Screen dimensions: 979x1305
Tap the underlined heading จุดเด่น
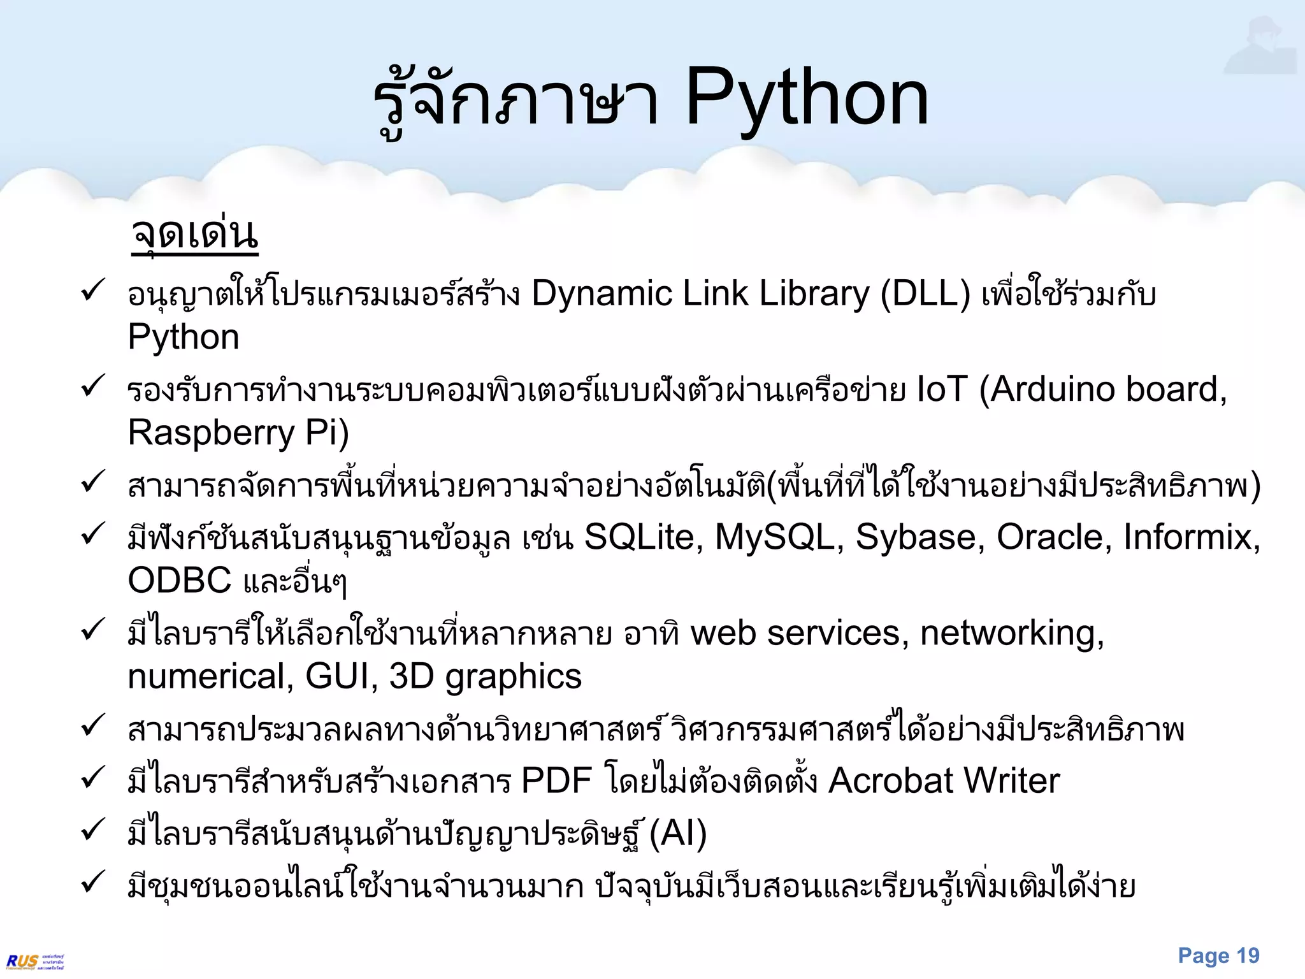(x=194, y=234)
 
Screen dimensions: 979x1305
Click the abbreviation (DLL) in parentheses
(x=925, y=294)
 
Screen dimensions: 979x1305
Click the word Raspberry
(x=211, y=433)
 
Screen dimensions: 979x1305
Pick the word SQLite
(x=644, y=537)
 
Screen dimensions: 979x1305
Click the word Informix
(x=1191, y=537)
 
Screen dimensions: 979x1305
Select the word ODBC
(x=180, y=581)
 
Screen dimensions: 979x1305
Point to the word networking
(x=1012, y=634)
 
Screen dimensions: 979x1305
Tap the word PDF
(x=556, y=781)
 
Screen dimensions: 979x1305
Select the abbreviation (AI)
(x=678, y=834)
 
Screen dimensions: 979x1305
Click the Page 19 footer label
(x=1218, y=956)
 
